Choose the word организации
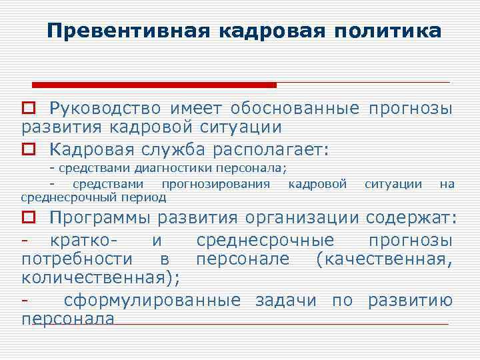tap(304, 217)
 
